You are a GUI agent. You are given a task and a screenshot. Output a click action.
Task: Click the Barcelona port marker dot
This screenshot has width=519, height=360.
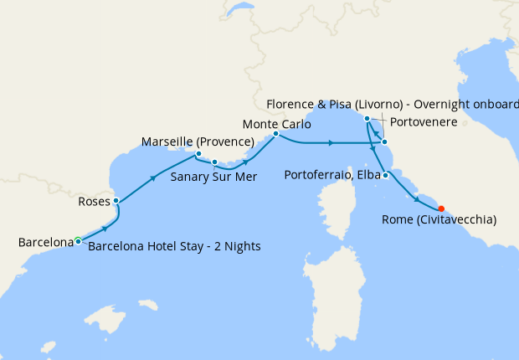[x=78, y=241]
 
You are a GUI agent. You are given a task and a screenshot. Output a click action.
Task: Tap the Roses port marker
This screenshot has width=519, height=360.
[x=116, y=201]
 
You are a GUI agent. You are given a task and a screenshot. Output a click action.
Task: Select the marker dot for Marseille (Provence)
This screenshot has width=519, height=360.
[x=198, y=154]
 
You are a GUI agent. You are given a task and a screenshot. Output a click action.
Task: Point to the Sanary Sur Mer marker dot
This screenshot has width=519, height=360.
[x=214, y=162]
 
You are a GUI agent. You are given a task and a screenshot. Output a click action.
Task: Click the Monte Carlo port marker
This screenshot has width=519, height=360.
[x=275, y=133]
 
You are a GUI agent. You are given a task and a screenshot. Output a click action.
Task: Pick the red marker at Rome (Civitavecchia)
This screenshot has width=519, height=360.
[x=441, y=209]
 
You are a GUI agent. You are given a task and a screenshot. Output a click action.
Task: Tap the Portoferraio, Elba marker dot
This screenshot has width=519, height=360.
[x=384, y=175]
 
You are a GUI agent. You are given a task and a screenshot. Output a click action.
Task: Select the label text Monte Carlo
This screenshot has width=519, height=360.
[x=276, y=123]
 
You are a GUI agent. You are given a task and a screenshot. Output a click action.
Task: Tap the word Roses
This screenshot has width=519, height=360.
[x=93, y=202]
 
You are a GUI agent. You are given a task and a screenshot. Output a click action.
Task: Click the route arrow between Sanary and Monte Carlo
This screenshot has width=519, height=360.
[x=248, y=162]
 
